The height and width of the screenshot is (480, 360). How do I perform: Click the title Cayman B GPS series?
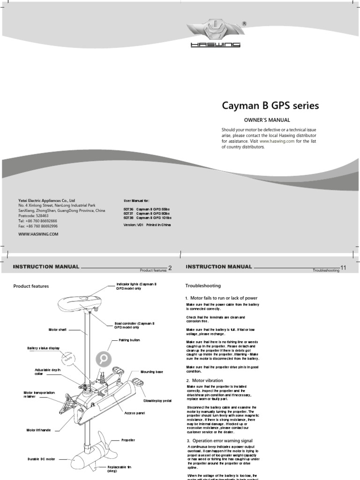[270, 106]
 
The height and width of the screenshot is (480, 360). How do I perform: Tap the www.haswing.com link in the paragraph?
[277, 141]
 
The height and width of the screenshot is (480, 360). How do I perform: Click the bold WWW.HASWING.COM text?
[38, 234]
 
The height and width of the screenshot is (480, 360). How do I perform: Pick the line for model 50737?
[147, 213]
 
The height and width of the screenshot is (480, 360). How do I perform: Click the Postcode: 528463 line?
[33, 216]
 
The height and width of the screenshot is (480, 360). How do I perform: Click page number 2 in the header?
[170, 268]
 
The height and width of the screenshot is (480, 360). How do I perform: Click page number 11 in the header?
[343, 268]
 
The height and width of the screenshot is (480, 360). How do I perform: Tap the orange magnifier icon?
[104, 360]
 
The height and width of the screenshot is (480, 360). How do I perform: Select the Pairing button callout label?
[129, 340]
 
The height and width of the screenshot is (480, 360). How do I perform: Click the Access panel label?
[134, 413]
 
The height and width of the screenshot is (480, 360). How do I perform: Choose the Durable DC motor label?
[41, 459]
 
